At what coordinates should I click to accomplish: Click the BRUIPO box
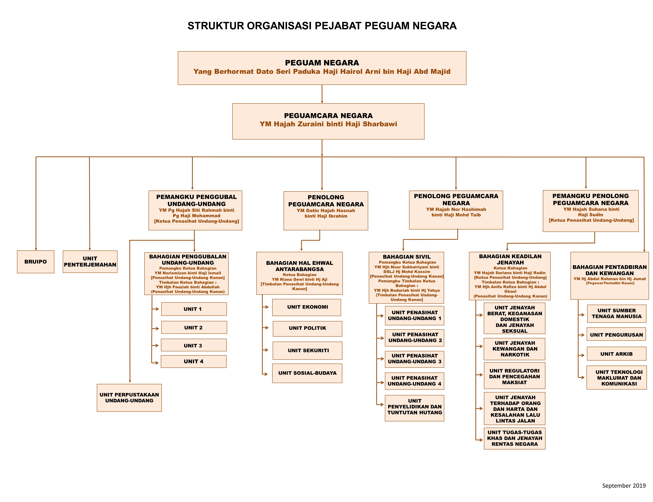click(x=35, y=262)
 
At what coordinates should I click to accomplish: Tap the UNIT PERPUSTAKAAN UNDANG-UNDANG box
click(x=129, y=398)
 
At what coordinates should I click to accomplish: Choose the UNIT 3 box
click(x=194, y=345)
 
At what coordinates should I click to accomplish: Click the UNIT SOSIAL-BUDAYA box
click(x=307, y=373)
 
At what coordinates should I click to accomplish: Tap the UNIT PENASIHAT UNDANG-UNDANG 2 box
click(x=415, y=338)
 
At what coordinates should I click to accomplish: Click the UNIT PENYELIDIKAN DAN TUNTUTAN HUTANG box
click(x=415, y=408)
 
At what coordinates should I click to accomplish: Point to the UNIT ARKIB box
click(x=617, y=354)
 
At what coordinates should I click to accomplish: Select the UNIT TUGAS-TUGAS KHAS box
click(x=515, y=438)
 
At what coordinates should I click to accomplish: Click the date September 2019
click(x=624, y=486)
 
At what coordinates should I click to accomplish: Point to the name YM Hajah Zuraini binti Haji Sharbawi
click(x=328, y=124)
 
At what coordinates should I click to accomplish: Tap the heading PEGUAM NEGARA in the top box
click(x=322, y=63)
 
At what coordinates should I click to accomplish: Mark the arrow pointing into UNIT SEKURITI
click(x=265, y=350)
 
